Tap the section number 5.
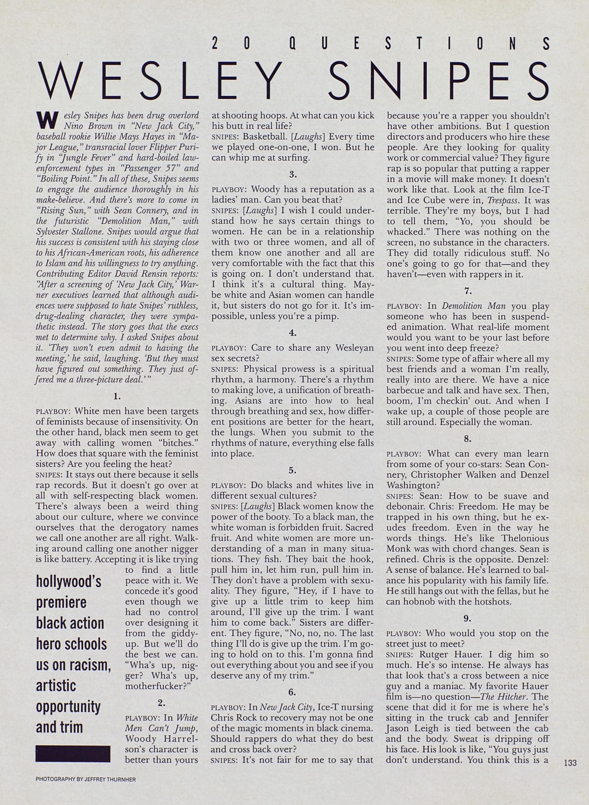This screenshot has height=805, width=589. (x=292, y=470)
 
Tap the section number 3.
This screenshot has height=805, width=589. (x=292, y=175)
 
